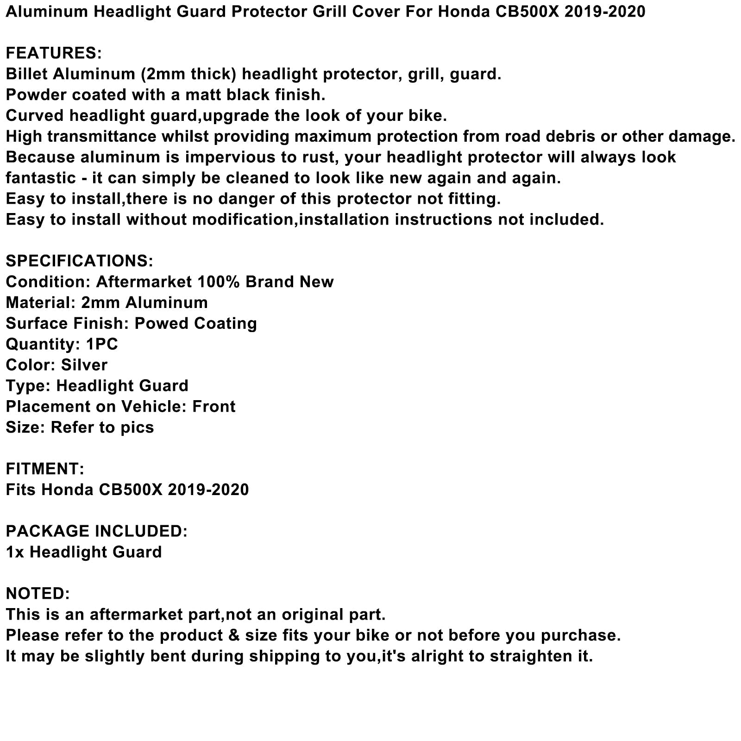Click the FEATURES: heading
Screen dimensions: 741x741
pos(54,53)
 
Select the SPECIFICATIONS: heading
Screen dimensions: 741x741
pos(79,261)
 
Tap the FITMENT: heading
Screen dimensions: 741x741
pos(45,469)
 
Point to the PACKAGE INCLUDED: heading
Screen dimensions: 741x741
pos(96,531)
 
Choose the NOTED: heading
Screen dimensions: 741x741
pos(38,594)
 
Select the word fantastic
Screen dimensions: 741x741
pos(41,178)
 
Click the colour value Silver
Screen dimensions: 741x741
pos(84,365)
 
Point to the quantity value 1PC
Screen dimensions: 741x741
pos(102,344)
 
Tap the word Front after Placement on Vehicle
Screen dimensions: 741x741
pos(214,407)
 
